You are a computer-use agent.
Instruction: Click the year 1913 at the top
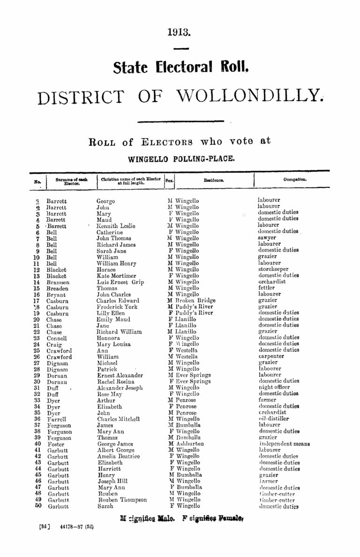pos(180,33)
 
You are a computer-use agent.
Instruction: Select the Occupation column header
pos(295,179)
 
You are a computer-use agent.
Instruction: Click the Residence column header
pos(213,179)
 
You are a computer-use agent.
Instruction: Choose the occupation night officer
pos(274,387)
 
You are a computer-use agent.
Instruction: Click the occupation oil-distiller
pos(274,419)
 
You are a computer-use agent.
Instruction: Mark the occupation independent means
pos(284,444)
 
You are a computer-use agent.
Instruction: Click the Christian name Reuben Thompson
pos(121,500)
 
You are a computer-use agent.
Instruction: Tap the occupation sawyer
pos(268,238)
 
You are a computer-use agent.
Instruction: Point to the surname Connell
pos(57,338)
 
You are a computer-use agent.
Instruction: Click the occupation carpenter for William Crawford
pos(272,356)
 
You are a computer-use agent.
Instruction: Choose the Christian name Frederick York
pos(117,307)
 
